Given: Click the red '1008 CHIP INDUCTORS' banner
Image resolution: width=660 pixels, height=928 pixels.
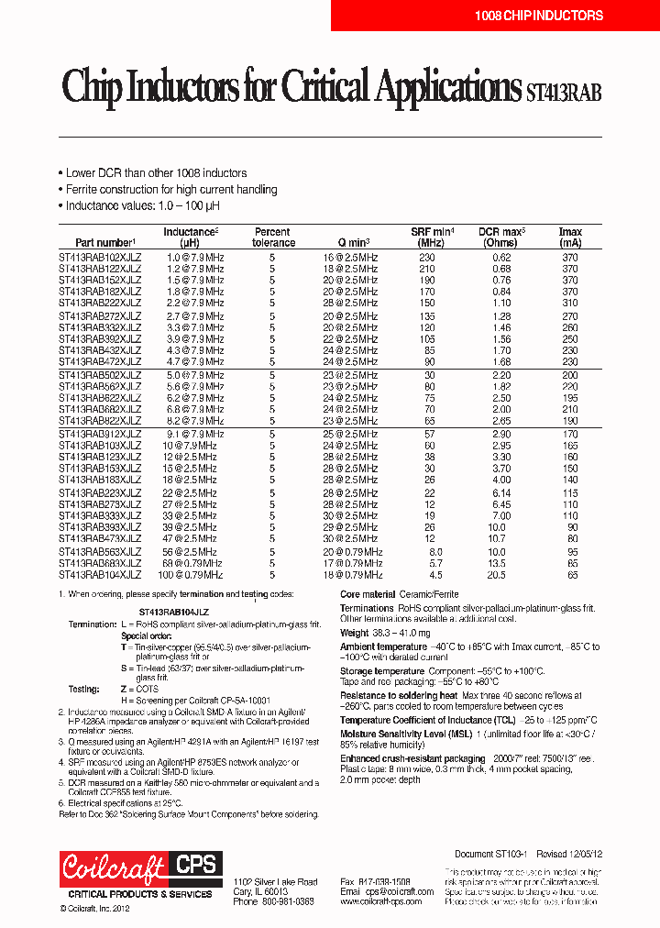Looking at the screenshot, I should [538, 16].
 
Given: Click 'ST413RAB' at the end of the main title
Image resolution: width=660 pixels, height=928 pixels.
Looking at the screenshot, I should [564, 91].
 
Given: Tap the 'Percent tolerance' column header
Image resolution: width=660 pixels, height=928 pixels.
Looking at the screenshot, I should [273, 238].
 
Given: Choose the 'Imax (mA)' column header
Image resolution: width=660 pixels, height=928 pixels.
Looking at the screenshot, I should [571, 238].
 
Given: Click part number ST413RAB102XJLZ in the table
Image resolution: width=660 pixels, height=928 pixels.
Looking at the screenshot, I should [100, 259].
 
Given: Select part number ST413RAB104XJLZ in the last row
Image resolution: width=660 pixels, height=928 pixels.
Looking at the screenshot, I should [100, 575].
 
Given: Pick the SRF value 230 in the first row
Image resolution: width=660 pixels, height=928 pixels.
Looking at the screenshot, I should [427, 259].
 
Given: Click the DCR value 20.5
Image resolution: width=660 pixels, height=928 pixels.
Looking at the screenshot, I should [496, 575].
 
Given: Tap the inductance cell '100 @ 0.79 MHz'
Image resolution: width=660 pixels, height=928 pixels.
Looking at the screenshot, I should [190, 575].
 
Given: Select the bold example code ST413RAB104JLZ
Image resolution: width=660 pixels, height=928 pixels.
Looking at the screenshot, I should [173, 611].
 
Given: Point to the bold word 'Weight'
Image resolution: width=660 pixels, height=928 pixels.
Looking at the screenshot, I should [355, 633].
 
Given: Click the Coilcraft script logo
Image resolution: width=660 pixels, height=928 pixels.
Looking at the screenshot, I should [113, 866].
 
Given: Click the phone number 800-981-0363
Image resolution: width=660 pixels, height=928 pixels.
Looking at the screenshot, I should [287, 901].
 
